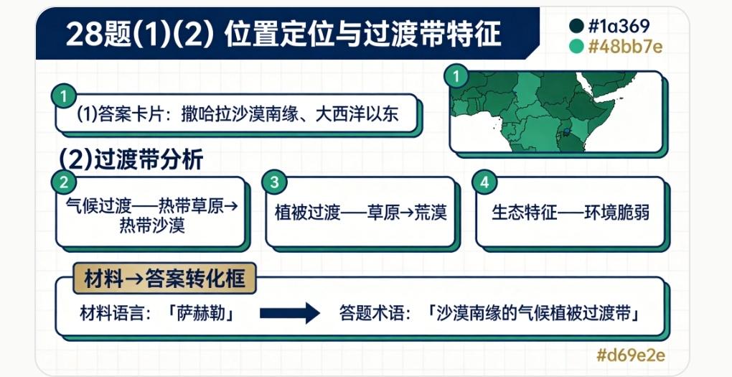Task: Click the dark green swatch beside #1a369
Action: click(x=576, y=26)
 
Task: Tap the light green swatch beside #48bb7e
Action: click(x=576, y=46)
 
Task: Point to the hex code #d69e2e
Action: click(x=631, y=355)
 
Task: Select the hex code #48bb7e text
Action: click(x=625, y=46)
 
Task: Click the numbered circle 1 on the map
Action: click(x=456, y=76)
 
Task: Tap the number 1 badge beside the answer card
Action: click(x=63, y=97)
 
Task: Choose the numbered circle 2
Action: click(x=63, y=182)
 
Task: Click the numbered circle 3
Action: click(x=274, y=182)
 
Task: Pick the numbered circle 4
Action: click(x=484, y=182)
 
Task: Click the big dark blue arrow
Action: click(x=289, y=312)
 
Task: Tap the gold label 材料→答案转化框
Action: click(x=165, y=279)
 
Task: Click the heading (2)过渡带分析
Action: click(x=131, y=159)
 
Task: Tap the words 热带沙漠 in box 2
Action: click(x=152, y=225)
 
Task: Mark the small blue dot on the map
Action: click(x=567, y=132)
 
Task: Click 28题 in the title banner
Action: click(x=99, y=34)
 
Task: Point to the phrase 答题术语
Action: click(x=372, y=313)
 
